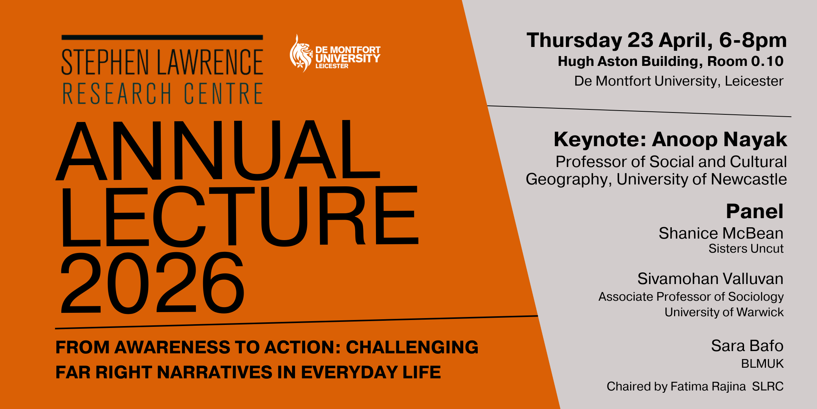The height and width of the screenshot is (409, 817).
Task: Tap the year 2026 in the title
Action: coord(152,283)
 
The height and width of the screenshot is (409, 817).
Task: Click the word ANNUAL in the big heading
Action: coord(218,150)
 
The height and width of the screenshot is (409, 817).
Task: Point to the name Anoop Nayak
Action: coord(719,140)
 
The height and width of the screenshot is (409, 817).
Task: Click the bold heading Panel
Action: coord(755,211)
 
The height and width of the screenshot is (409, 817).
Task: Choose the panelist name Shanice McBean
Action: coord(721,233)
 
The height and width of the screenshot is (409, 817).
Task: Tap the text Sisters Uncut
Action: coord(746,249)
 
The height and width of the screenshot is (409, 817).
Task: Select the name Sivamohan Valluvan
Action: coord(710,279)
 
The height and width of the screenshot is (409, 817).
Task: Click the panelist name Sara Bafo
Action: coord(747,346)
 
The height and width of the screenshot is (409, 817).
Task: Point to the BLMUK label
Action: coord(762,364)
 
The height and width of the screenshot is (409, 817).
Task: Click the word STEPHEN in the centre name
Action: coord(106,62)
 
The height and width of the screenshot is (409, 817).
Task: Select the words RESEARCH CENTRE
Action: coord(163,94)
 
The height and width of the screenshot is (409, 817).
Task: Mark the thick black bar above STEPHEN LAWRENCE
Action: coord(162,37)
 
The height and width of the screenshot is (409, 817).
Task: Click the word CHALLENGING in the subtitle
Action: coord(412,347)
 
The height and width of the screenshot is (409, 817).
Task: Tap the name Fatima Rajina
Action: coord(708,386)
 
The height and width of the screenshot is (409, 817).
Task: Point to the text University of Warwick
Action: coord(724,312)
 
